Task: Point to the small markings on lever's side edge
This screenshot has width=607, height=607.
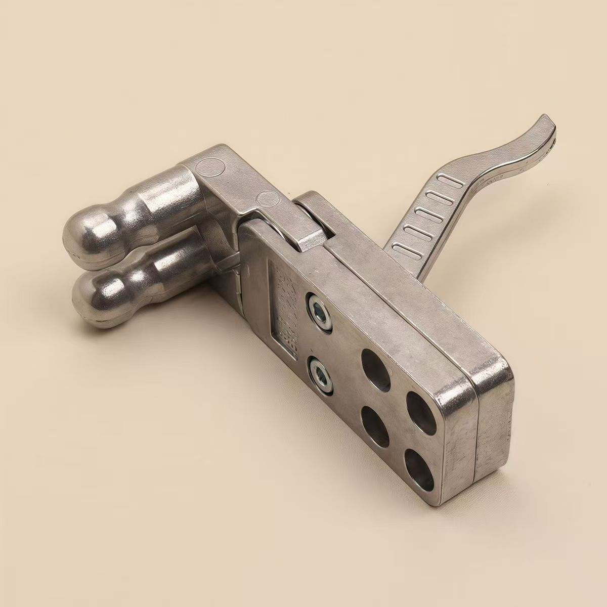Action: pos(501,175)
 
